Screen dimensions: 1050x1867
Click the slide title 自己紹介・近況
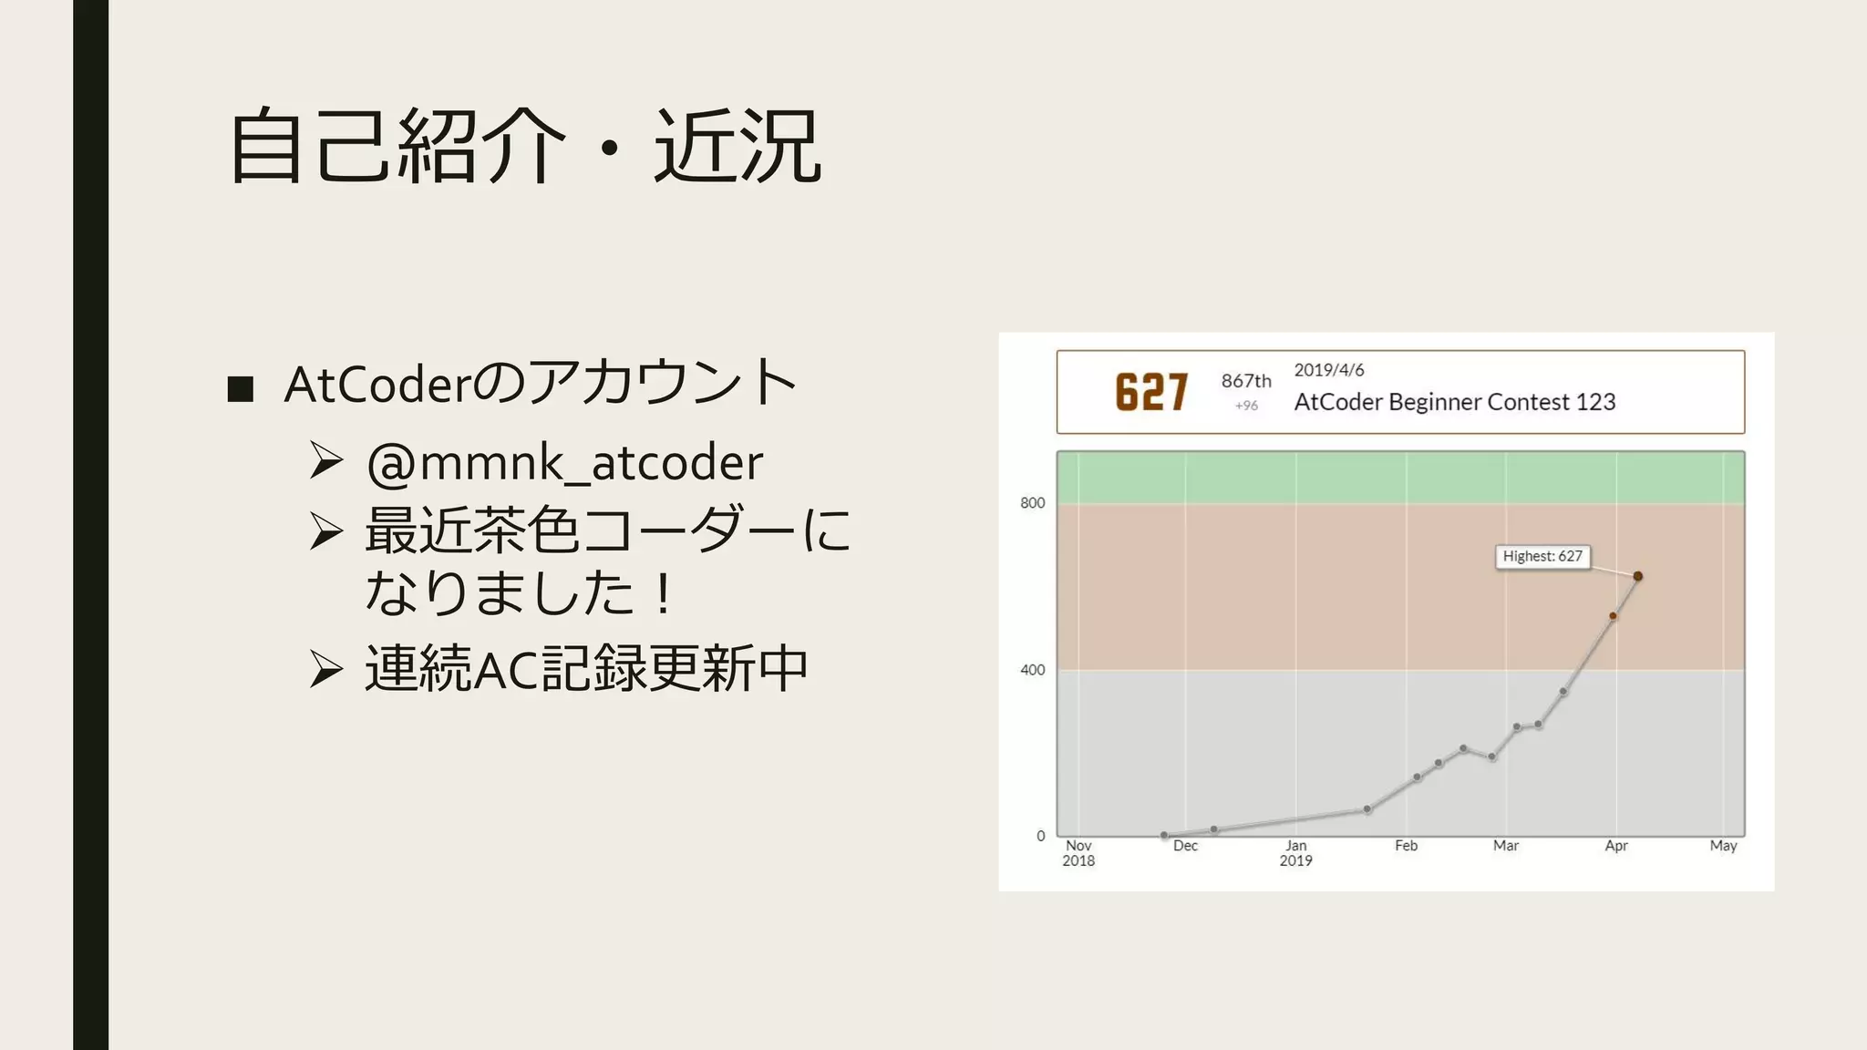coord(525,146)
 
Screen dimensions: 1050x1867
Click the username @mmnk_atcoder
coord(564,462)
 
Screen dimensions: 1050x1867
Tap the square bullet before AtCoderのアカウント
coord(240,388)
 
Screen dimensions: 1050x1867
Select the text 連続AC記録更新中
coord(586,668)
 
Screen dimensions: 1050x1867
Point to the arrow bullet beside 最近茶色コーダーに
coord(326,530)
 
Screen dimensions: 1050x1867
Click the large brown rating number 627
coord(1151,393)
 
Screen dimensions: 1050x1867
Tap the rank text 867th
coord(1246,381)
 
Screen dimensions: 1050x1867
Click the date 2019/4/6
coord(1329,370)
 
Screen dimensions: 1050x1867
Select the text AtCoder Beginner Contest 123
coord(1454,402)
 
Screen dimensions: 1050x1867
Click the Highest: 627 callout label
coord(1542,556)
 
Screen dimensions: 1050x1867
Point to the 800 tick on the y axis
coord(1032,503)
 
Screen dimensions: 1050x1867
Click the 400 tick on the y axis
coord(1032,670)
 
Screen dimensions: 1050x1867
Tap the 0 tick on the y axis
coord(1040,836)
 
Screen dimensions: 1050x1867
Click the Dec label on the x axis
coord(1185,846)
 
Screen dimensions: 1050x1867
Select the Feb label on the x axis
coord(1406,846)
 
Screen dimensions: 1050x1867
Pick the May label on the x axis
coord(1723,846)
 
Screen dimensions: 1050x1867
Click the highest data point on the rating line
coord(1637,576)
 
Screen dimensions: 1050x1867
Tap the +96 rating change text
coord(1246,406)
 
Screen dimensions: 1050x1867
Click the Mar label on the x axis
coord(1505,846)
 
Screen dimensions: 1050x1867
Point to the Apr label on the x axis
coord(1616,846)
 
